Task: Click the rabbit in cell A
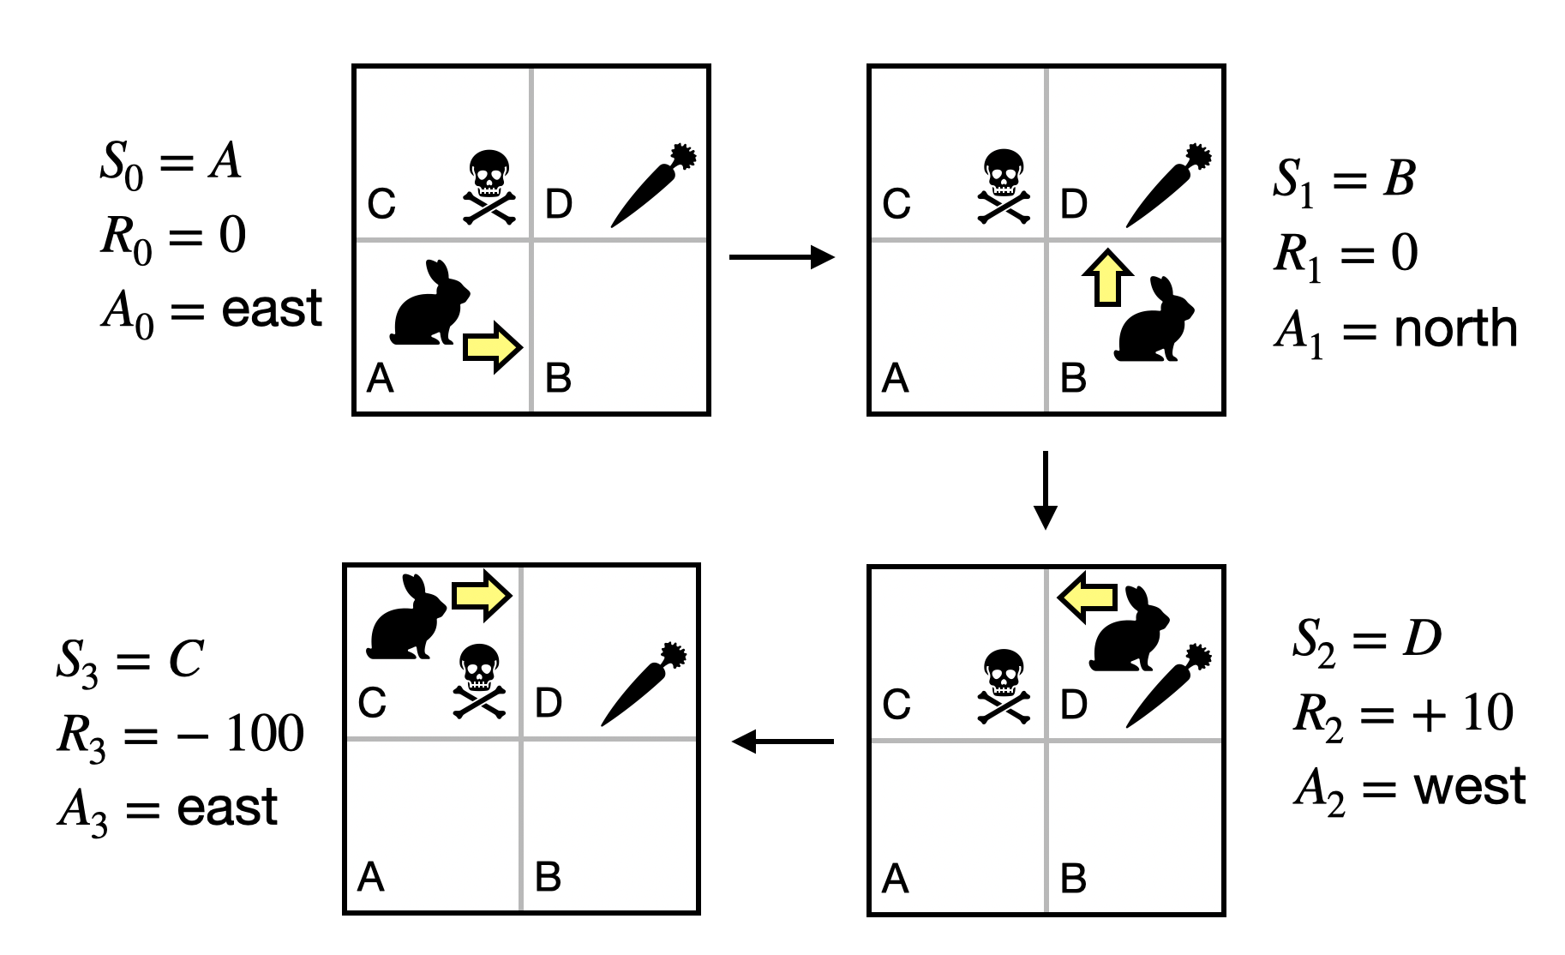[429, 306]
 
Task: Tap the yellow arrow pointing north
[1107, 278]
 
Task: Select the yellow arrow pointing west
[1088, 597]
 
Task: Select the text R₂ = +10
[1403, 714]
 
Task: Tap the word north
[1455, 329]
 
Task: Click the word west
[1469, 787]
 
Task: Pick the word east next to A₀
[272, 309]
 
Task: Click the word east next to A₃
[227, 808]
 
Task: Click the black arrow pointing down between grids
[1045, 490]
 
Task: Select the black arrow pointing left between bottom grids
[782, 742]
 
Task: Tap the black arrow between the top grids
[782, 256]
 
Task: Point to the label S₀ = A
[171, 163]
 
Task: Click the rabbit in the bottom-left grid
[406, 619]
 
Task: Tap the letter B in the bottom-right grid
[1073, 879]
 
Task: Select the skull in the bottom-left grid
[478, 682]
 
